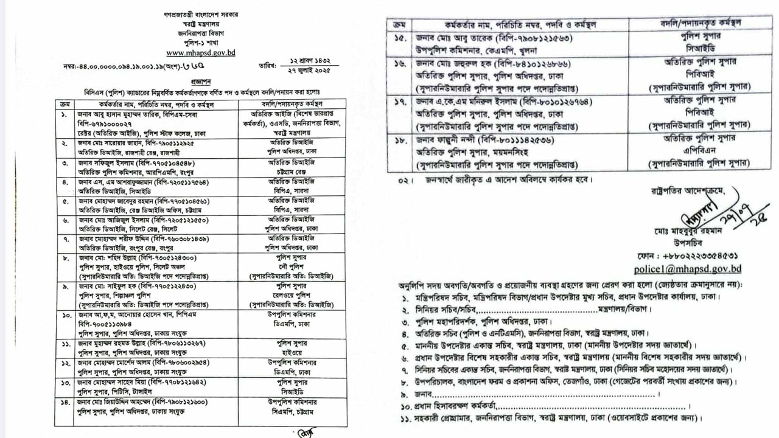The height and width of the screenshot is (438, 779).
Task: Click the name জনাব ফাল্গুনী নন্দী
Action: click(447, 139)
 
